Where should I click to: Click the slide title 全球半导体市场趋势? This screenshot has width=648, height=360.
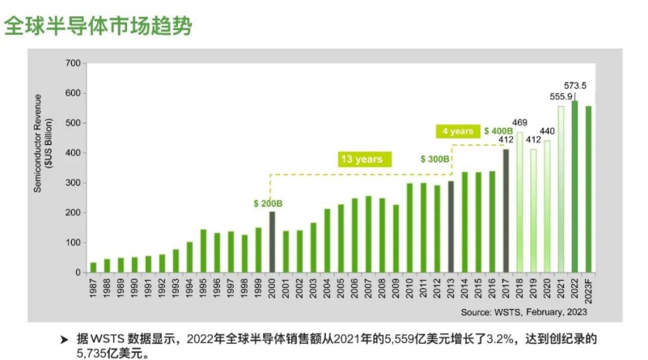[99, 26]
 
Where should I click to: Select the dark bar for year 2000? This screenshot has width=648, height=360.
[272, 241]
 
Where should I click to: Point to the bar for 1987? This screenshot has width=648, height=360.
[93, 267]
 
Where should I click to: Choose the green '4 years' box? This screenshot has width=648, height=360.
[457, 131]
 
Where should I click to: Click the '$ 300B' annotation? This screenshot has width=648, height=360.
[434, 159]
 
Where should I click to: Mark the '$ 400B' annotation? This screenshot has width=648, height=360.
[498, 131]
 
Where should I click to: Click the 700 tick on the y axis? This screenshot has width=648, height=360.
[72, 63]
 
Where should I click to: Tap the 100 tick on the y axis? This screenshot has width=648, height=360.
[72, 243]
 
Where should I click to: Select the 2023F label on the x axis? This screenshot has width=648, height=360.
[589, 289]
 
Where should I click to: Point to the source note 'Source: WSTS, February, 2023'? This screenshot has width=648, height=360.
[524, 311]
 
